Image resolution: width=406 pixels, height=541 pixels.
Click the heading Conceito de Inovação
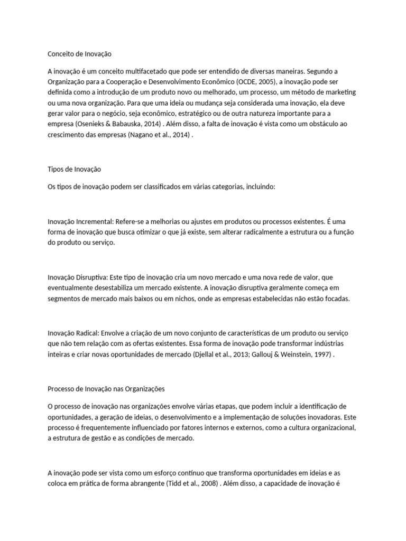80,54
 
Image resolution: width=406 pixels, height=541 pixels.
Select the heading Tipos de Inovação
74,170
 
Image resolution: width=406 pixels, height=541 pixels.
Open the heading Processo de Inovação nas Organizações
106,389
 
